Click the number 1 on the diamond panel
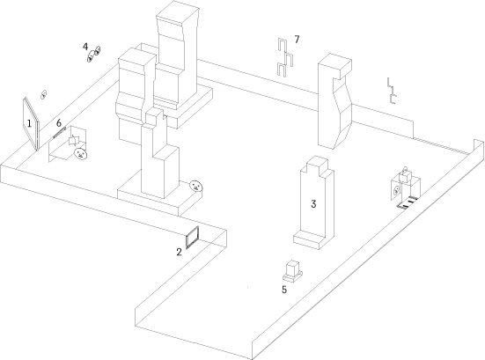point(29,124)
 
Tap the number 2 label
point(179,252)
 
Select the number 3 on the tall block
point(313,204)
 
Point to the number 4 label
point(85,47)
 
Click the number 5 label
point(284,290)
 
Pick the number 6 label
point(59,122)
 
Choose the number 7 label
point(297,40)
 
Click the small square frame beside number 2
point(192,238)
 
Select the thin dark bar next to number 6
point(60,132)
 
